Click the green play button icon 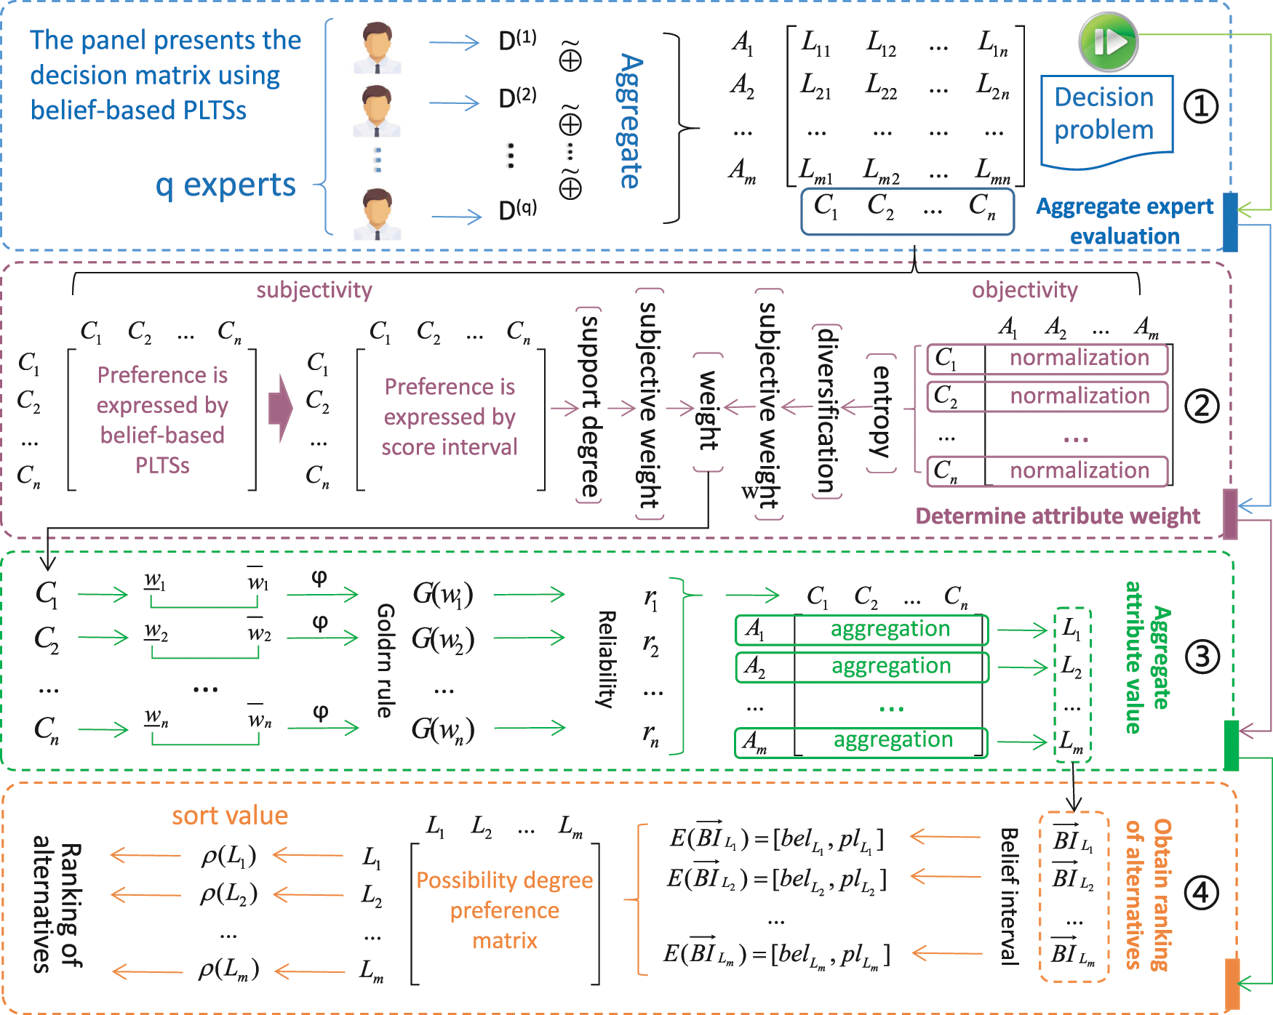point(1108,41)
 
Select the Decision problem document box point(1106,117)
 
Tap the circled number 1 point(1200,107)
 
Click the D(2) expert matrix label point(517,97)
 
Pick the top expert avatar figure point(377,47)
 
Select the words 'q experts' point(226,185)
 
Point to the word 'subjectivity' point(314,289)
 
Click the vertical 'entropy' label point(881,412)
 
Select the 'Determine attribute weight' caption point(1057,515)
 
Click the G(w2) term point(443,639)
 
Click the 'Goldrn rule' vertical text point(385,660)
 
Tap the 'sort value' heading point(230,815)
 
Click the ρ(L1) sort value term point(228,856)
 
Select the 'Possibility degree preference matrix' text point(504,910)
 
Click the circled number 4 point(1200,892)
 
